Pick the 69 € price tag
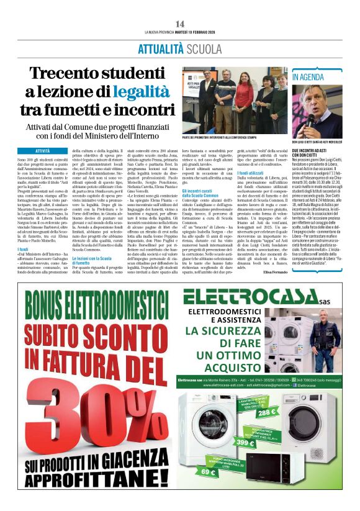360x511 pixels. point(208,473)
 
